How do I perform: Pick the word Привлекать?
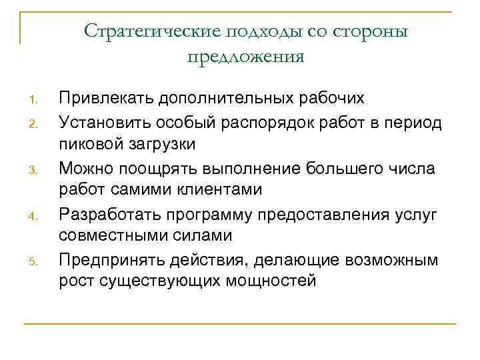click(x=106, y=99)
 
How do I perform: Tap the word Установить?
click(x=107, y=121)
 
